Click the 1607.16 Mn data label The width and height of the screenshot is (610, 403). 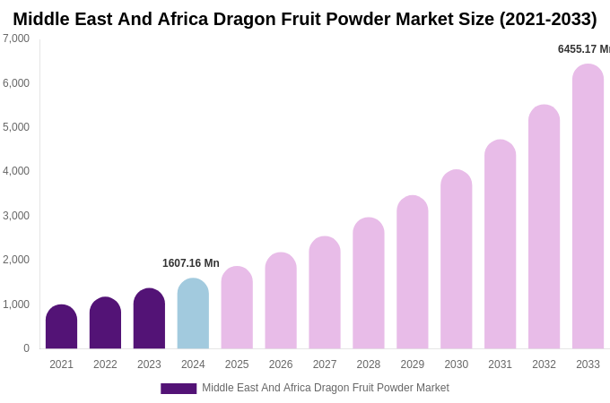point(190,263)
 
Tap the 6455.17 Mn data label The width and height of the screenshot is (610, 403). point(583,49)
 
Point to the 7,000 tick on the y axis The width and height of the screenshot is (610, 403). point(16,39)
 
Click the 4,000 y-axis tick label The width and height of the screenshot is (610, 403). point(16,171)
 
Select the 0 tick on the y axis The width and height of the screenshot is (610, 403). point(26,348)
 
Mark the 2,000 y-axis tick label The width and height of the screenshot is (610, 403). point(16,260)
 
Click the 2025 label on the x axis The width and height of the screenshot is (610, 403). point(237,364)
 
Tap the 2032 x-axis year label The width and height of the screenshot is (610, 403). point(544,364)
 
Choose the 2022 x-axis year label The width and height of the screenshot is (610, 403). point(105,364)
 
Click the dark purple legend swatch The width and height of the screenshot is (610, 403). point(179,389)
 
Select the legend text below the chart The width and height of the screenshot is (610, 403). point(325,388)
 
